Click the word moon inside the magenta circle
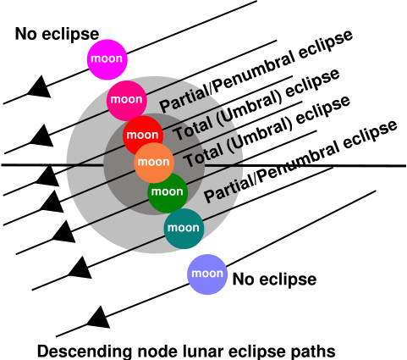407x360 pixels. [x=107, y=59]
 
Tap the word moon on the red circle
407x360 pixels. [x=142, y=135]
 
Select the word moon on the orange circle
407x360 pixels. [x=153, y=162]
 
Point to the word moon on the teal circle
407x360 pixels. [x=184, y=228]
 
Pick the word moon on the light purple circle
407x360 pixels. [x=207, y=274]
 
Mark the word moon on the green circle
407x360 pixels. [x=168, y=191]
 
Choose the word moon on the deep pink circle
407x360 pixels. [x=126, y=100]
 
